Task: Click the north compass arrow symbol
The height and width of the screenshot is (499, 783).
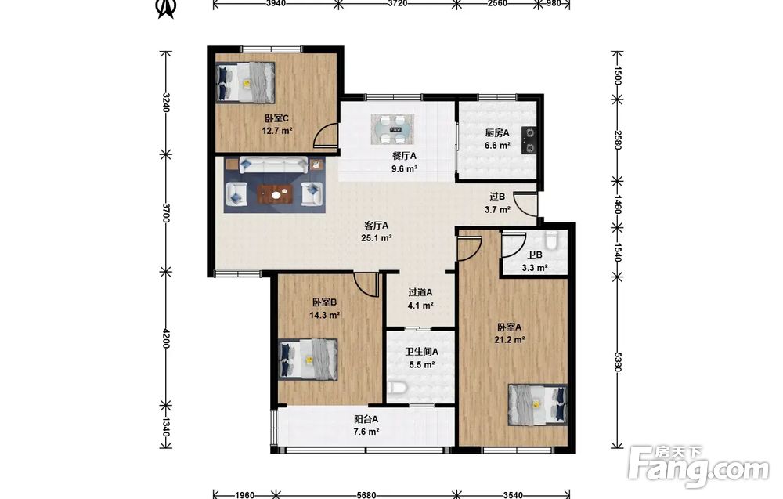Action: pos(167,9)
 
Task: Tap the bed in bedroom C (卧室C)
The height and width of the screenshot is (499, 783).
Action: pos(245,82)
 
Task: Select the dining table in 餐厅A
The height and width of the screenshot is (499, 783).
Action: pos(392,129)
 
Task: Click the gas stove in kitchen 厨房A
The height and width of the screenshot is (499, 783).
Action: pos(529,140)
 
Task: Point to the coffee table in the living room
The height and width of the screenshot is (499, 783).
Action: pos(275,193)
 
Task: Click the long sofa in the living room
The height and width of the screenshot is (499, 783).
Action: pos(273,165)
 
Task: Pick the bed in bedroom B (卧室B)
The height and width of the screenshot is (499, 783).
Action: pos(308,360)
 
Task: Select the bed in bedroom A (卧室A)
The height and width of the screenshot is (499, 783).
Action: pos(538,404)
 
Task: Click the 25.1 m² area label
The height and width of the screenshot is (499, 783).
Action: pos(377,238)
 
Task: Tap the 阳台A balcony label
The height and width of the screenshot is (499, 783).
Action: pos(366,419)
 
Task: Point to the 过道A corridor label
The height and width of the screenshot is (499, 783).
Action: pos(420,293)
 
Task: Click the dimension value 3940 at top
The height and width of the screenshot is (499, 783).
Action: pos(276,3)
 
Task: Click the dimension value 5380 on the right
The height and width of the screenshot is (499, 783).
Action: pos(617,362)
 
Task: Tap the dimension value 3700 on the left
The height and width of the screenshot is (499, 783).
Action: pos(166,213)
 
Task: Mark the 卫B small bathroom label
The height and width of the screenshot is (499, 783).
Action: pos(536,255)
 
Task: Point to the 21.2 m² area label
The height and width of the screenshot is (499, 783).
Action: pos(510,340)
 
